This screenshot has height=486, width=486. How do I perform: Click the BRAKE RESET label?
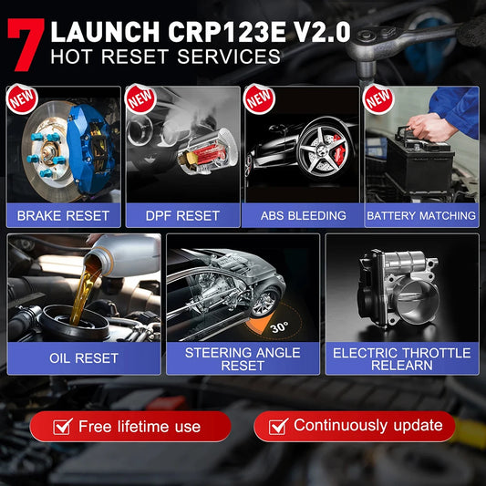point(63,216)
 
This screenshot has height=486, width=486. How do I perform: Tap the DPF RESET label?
point(182,216)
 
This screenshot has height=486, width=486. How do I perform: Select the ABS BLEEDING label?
point(302,216)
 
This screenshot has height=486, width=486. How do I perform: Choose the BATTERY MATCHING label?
point(421,216)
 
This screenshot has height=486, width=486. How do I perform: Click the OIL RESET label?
point(83,357)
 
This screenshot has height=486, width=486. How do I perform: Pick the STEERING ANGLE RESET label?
point(243,358)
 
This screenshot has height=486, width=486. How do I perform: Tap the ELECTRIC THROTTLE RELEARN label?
point(401,358)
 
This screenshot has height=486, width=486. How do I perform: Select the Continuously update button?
point(355,426)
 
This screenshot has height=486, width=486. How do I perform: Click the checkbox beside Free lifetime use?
point(62,426)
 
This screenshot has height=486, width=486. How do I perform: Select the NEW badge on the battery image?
point(377,98)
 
